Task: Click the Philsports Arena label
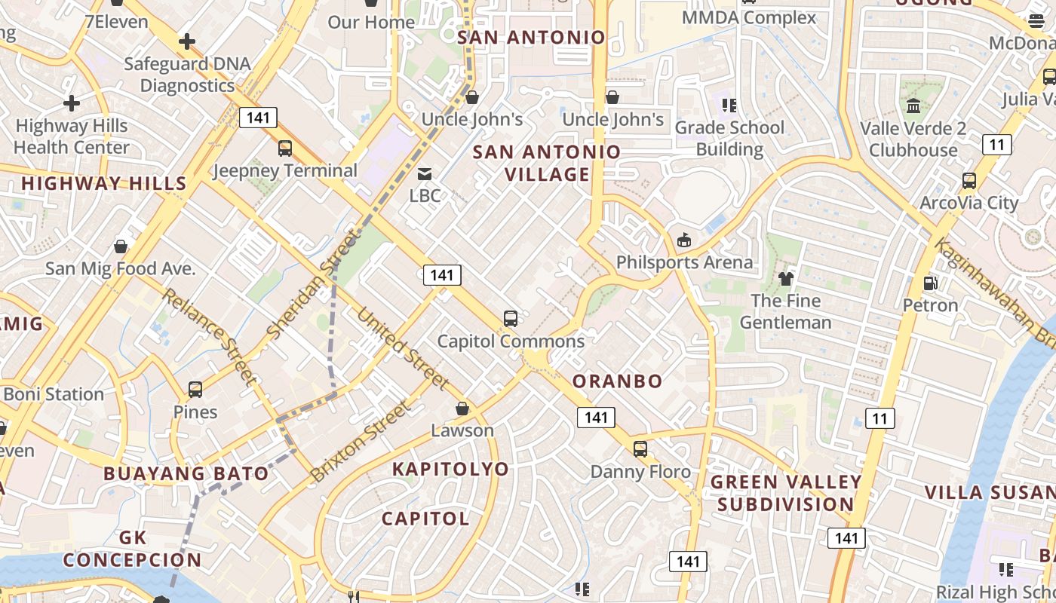(x=684, y=262)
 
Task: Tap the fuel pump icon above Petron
(x=931, y=283)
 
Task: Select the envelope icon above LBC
(x=425, y=175)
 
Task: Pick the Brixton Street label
(x=362, y=442)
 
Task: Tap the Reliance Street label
(x=209, y=337)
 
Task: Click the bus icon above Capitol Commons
(x=511, y=318)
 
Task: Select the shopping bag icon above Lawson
(x=462, y=409)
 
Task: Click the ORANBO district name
(x=617, y=381)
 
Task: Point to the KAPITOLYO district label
(x=450, y=469)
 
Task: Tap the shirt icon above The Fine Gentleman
(x=786, y=279)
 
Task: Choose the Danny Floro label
(x=640, y=472)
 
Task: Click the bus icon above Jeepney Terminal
(x=285, y=148)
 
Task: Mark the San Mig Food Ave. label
(x=120, y=268)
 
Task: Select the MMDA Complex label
(x=748, y=17)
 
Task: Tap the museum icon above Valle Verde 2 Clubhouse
(x=913, y=106)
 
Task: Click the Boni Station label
(x=54, y=394)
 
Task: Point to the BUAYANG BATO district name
(x=186, y=473)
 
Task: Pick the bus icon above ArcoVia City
(x=969, y=181)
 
